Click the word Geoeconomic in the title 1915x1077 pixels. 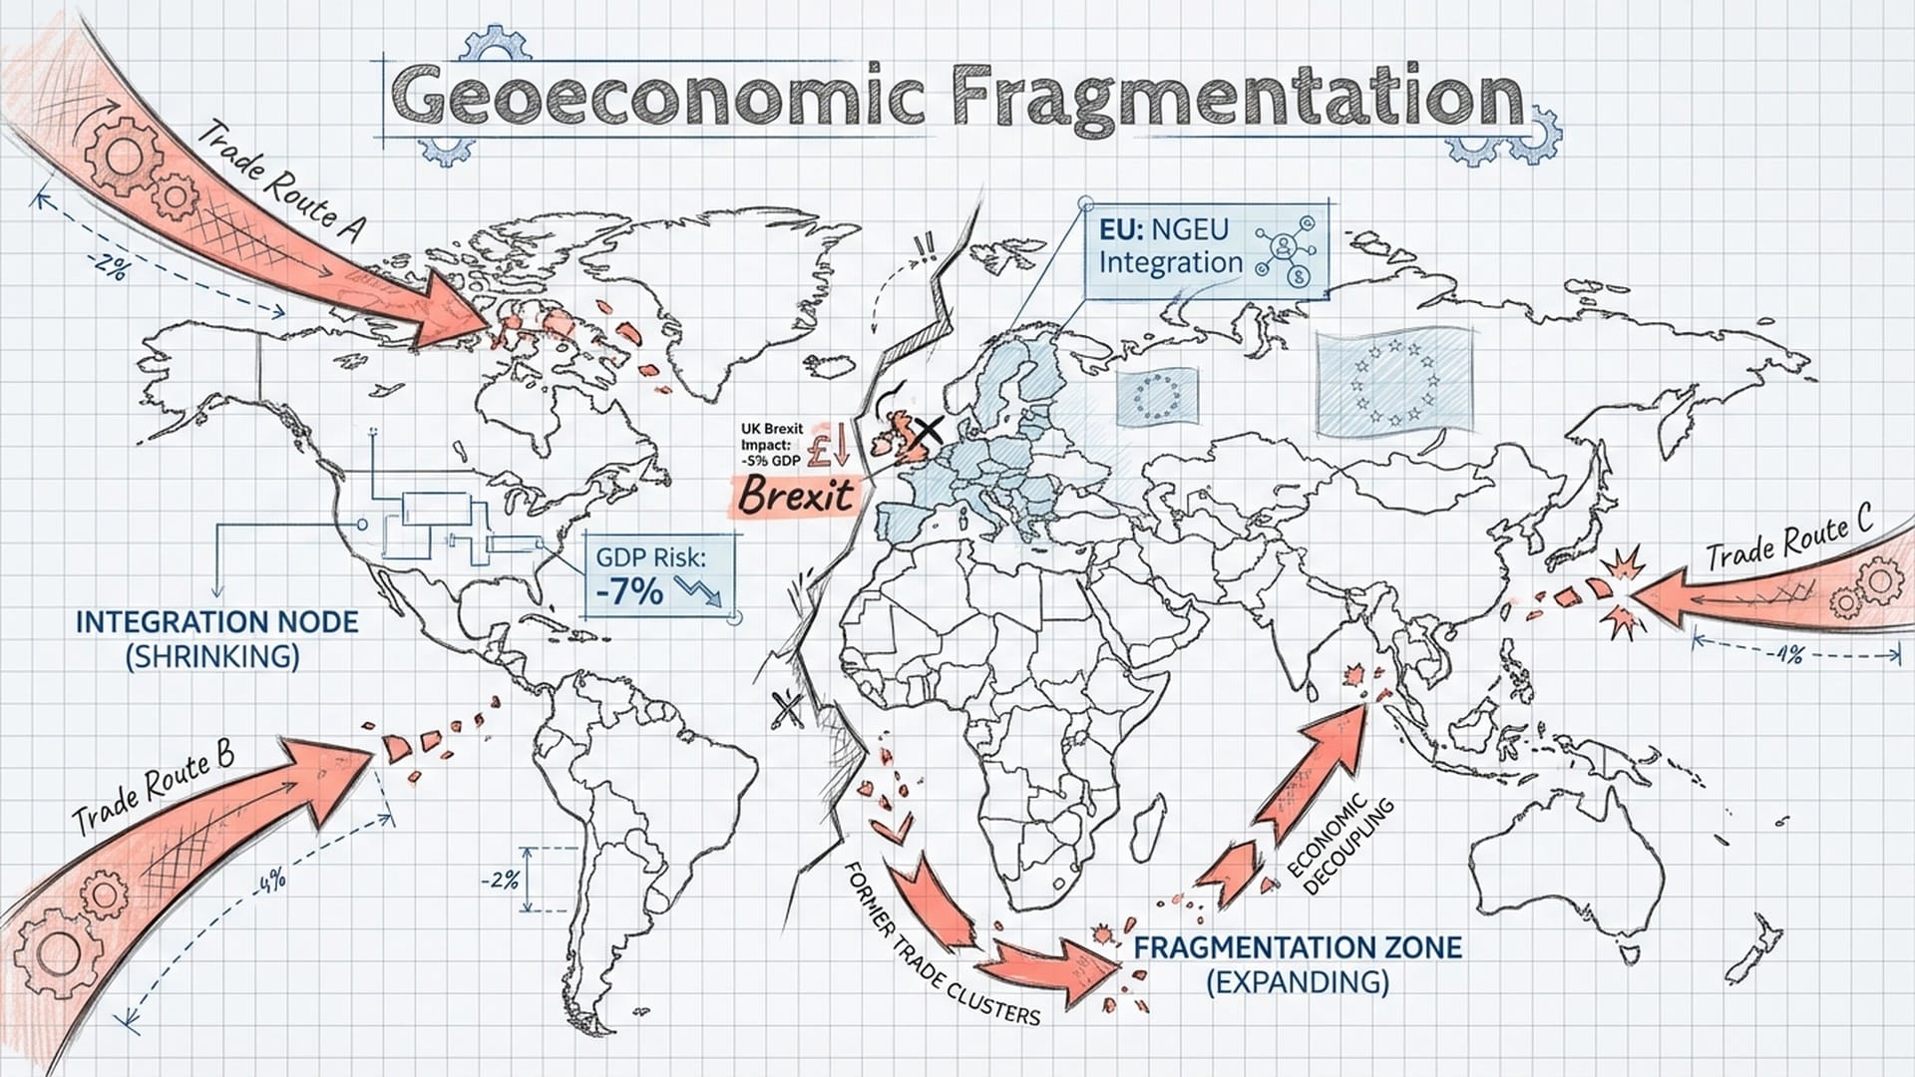click(x=658, y=98)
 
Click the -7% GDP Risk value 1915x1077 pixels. click(x=629, y=591)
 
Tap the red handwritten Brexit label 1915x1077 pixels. click(x=796, y=495)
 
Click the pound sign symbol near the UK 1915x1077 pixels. click(x=822, y=447)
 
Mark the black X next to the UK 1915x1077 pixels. click(x=929, y=431)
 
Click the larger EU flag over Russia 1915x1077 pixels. click(x=1393, y=384)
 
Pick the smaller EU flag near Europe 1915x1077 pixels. click(x=1156, y=396)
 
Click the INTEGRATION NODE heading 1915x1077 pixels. click(x=216, y=622)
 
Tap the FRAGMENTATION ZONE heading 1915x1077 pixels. click(x=1298, y=946)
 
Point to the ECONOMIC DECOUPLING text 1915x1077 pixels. click(x=1339, y=844)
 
